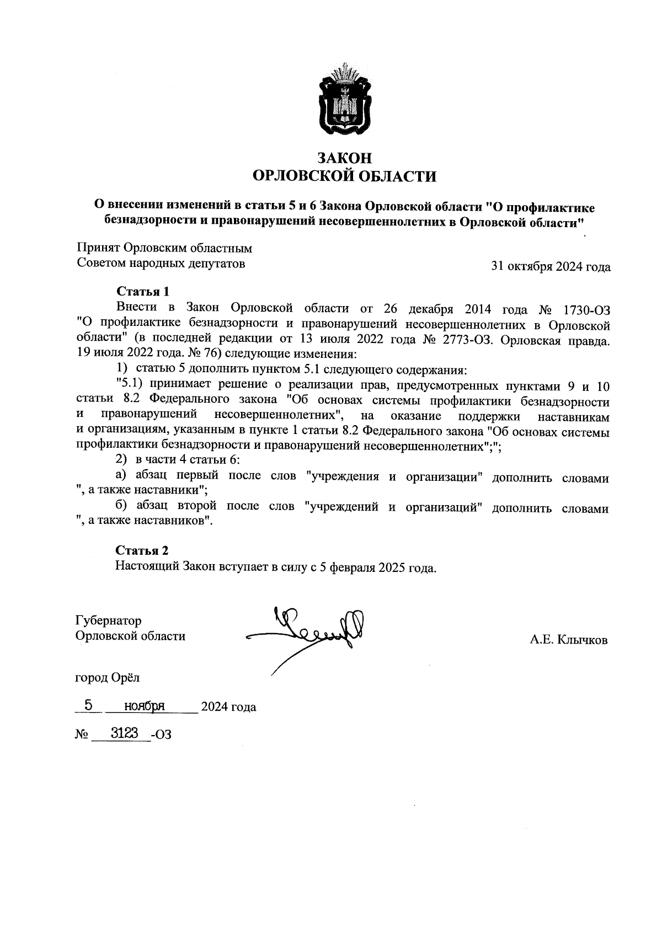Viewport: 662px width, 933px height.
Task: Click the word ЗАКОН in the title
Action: (344, 158)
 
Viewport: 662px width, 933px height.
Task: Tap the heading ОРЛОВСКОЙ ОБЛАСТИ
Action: (344, 176)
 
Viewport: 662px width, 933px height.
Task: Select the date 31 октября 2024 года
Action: (551, 267)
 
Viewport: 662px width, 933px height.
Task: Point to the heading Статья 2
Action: (142, 550)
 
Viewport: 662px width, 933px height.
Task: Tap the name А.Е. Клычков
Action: (568, 640)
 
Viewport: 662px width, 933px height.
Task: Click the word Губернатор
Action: (108, 621)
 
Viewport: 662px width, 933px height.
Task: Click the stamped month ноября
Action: (145, 706)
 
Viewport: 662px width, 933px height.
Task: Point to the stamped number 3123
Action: (124, 733)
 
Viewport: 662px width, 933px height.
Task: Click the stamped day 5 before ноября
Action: (88, 705)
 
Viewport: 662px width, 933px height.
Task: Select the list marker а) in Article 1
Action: (121, 475)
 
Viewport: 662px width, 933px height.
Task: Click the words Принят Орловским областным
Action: (164, 248)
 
